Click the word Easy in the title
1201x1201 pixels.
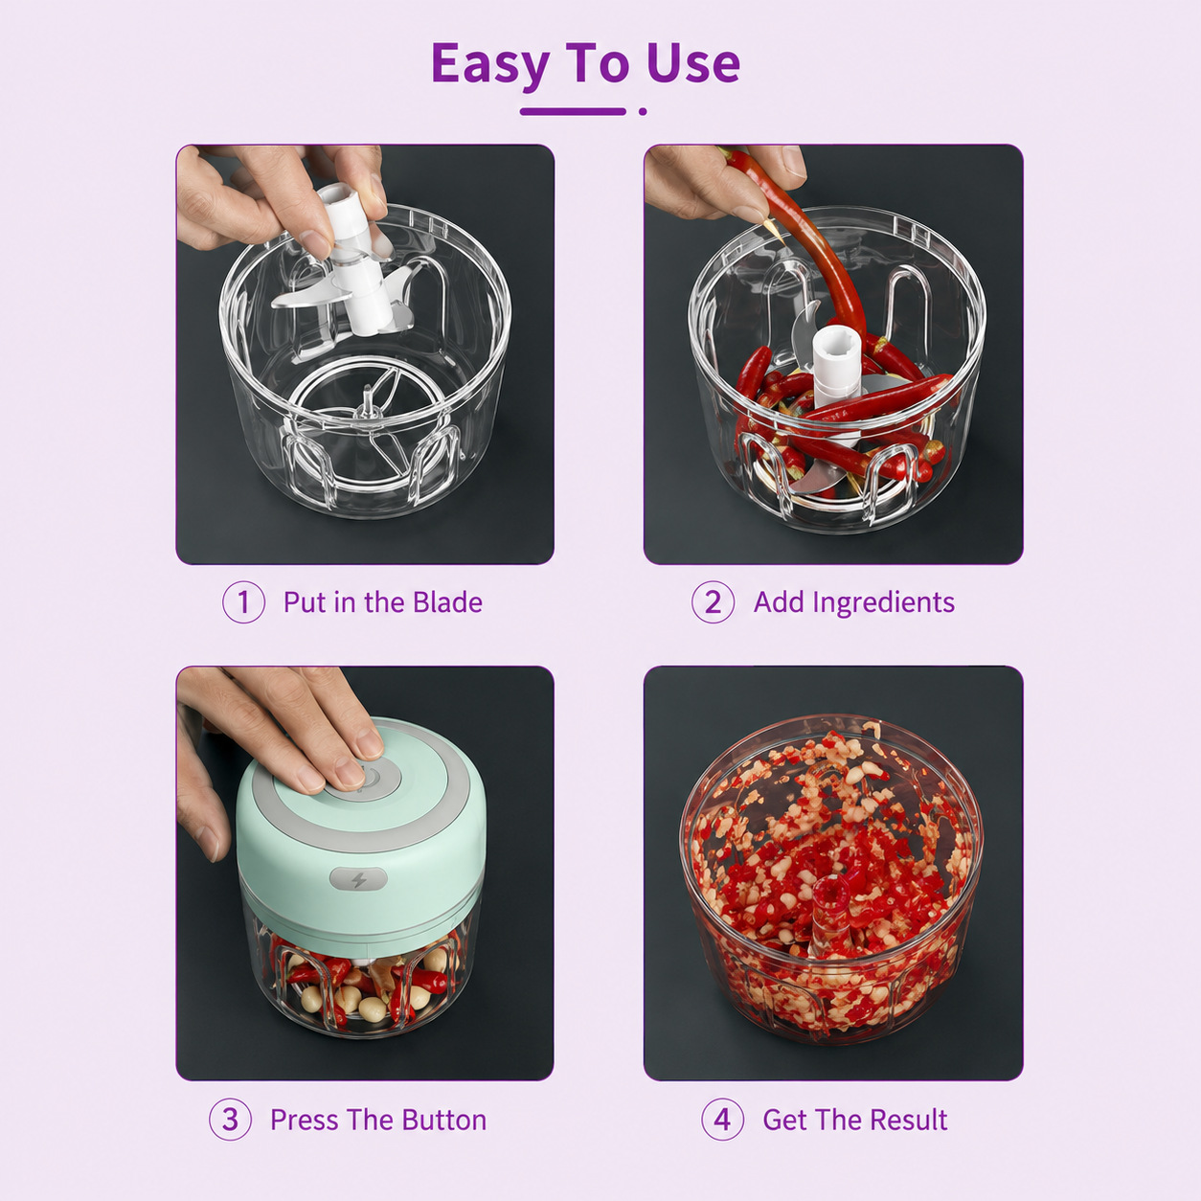[x=489, y=64]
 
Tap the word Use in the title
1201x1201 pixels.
[x=693, y=63]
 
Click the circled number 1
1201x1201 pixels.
[x=243, y=602]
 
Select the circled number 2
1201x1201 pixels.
[x=713, y=602]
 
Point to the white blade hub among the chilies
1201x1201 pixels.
[x=836, y=368]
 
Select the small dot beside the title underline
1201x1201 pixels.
[x=643, y=111]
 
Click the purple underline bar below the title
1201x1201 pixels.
[x=573, y=111]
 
